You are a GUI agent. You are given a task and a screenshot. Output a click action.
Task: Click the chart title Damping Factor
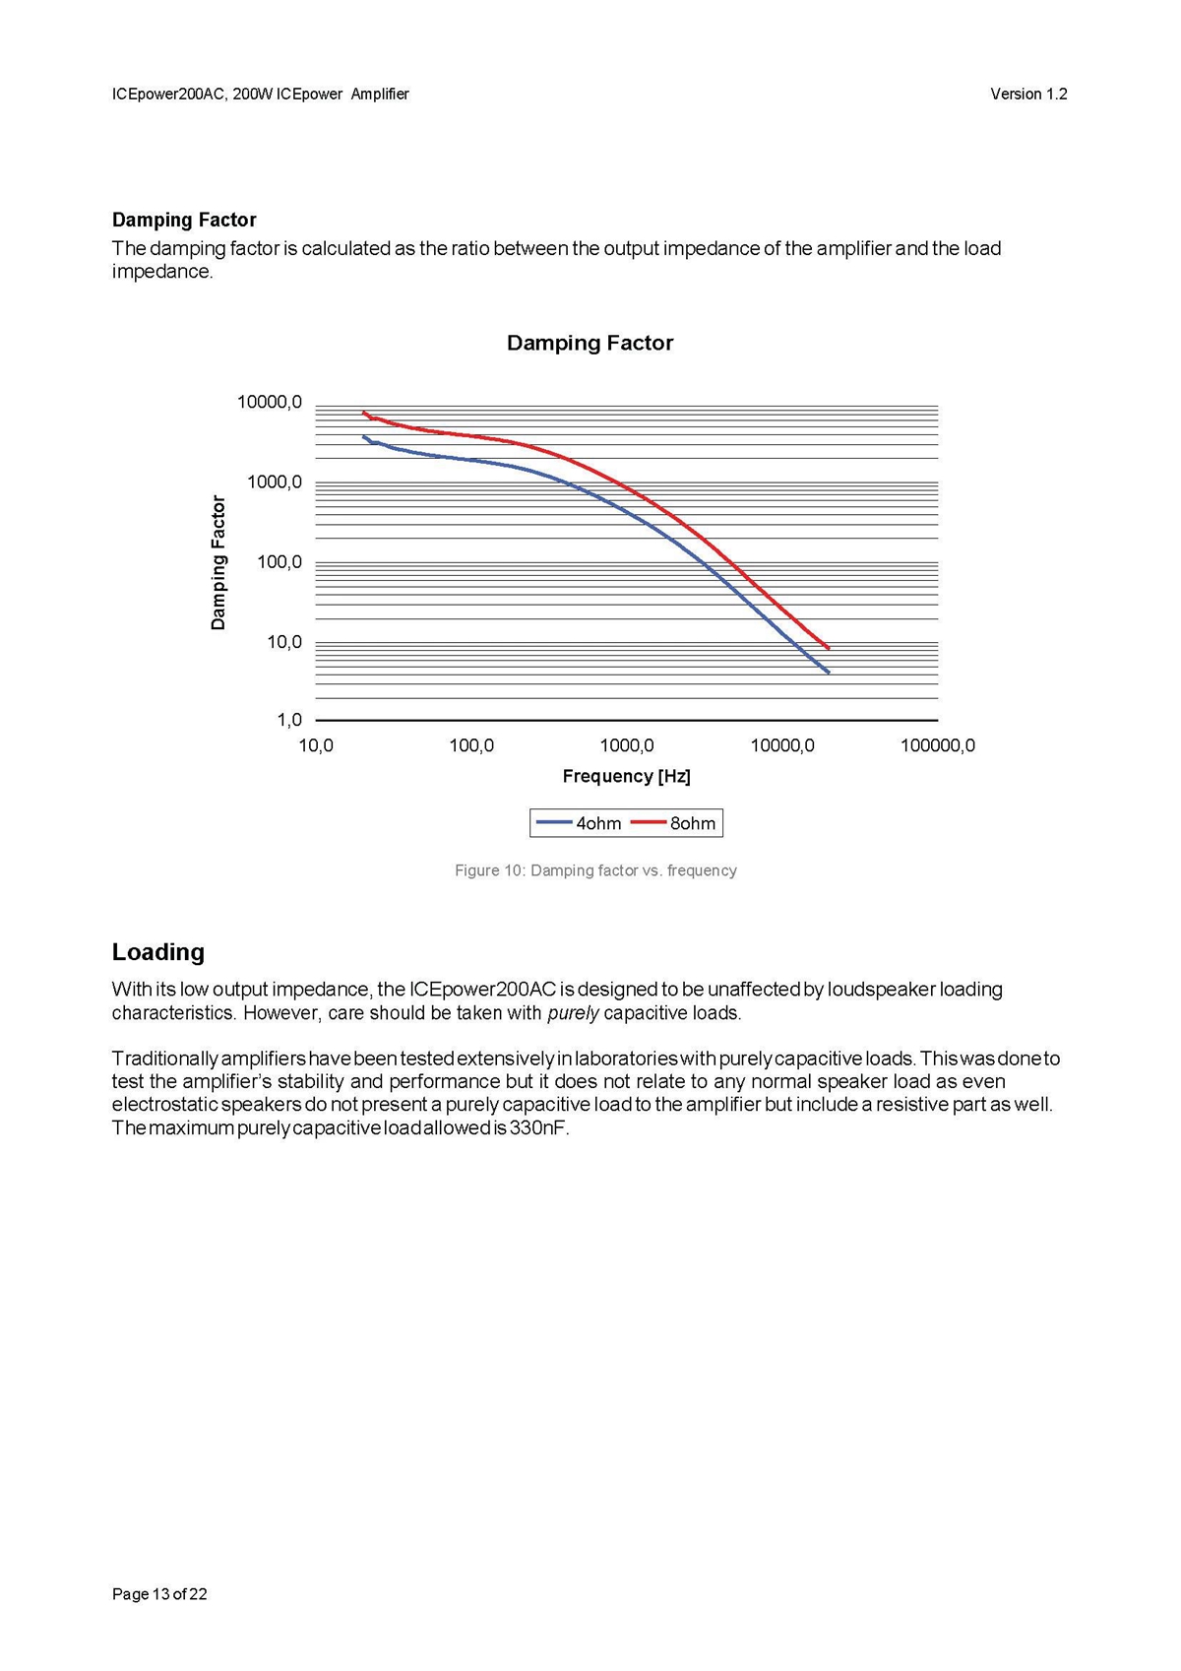590,343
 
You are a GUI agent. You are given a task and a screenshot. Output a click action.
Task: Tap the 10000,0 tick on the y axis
270,402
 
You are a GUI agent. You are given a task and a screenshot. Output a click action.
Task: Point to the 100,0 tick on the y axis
280,562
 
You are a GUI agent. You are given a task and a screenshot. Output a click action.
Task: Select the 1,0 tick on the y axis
289,720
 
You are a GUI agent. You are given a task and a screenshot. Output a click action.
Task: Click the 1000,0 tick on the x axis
627,745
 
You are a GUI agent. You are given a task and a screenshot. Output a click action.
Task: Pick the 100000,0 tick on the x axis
937,745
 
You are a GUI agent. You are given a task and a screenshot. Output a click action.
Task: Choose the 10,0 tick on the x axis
316,745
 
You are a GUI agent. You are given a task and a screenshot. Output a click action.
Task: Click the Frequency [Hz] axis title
626,776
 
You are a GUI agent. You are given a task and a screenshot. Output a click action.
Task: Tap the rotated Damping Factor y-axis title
218,562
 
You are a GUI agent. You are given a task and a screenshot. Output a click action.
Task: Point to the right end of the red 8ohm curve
829,648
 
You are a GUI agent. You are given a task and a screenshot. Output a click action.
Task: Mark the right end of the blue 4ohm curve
829,673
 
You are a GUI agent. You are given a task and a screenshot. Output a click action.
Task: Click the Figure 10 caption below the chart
595,870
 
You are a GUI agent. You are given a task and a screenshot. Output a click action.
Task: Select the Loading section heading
158,952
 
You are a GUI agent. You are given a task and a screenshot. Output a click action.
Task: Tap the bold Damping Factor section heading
184,220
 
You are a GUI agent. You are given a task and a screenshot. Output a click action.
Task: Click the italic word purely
573,1012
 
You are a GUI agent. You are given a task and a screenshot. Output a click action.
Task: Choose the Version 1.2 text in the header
1028,94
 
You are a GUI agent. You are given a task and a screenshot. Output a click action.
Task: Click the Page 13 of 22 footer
159,1594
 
